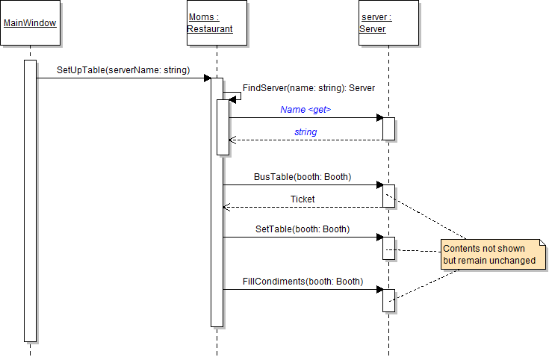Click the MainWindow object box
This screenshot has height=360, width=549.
point(30,23)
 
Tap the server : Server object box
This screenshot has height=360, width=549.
point(388,23)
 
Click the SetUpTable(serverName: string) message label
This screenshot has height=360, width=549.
point(123,70)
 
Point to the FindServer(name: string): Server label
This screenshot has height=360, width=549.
point(308,88)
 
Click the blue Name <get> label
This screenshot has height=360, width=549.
point(305,110)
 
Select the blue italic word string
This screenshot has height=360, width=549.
point(305,132)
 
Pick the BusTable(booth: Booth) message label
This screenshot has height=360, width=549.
point(303,177)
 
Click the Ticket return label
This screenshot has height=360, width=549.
point(303,199)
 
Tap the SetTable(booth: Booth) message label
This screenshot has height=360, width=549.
point(303,229)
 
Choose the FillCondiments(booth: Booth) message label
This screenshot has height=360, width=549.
point(303,282)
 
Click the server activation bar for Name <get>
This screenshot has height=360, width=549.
point(388,128)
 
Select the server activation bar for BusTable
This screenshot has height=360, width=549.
point(388,196)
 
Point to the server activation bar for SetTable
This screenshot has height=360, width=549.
point(388,247)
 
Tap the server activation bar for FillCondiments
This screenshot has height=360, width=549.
point(388,300)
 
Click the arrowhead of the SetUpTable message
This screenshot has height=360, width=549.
point(208,78)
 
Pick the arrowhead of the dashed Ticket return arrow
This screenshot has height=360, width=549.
point(226,207)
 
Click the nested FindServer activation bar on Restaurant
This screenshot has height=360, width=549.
point(223,127)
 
